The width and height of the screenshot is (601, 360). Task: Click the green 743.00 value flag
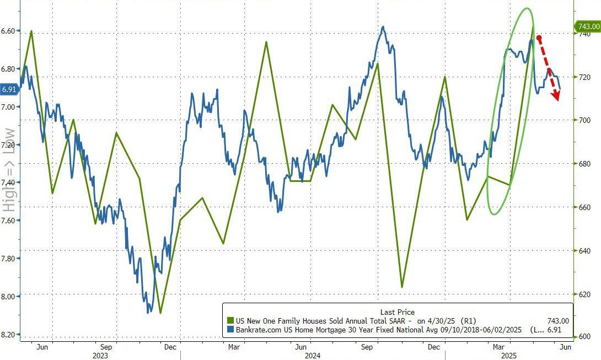pyautogui.click(x=588, y=26)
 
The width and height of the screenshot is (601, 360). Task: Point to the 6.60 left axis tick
pyautogui.click(x=10, y=31)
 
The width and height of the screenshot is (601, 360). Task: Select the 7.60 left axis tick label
pyautogui.click(x=10, y=221)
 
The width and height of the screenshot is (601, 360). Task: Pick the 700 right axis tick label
pyautogui.click(x=584, y=120)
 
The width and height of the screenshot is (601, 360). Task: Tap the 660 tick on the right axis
pyautogui.click(x=584, y=207)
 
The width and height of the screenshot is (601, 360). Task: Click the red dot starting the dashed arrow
pyautogui.click(x=539, y=38)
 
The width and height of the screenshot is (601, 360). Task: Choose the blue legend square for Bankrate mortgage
pyautogui.click(x=230, y=329)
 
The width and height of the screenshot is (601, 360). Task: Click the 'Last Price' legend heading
pyautogui.click(x=397, y=312)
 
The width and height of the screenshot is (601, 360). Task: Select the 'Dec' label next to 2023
pyautogui.click(x=170, y=347)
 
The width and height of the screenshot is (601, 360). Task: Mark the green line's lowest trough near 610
pyautogui.click(x=160, y=313)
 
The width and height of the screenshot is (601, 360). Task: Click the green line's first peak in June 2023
pyautogui.click(x=31, y=31)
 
